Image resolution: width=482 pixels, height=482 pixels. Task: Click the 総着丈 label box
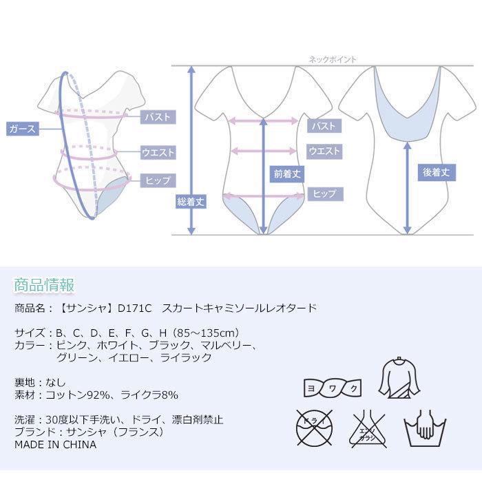pos(190,202)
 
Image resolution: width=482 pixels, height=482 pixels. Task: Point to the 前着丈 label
pos(286,174)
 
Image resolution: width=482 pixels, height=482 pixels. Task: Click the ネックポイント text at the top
pos(333,60)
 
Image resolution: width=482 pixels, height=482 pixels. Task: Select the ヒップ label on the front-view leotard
pos(324,194)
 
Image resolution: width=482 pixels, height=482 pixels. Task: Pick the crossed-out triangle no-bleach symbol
pos(368,428)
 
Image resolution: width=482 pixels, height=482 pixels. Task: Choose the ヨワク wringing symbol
pos(332,389)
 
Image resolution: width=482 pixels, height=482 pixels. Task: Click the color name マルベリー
pos(228,345)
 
